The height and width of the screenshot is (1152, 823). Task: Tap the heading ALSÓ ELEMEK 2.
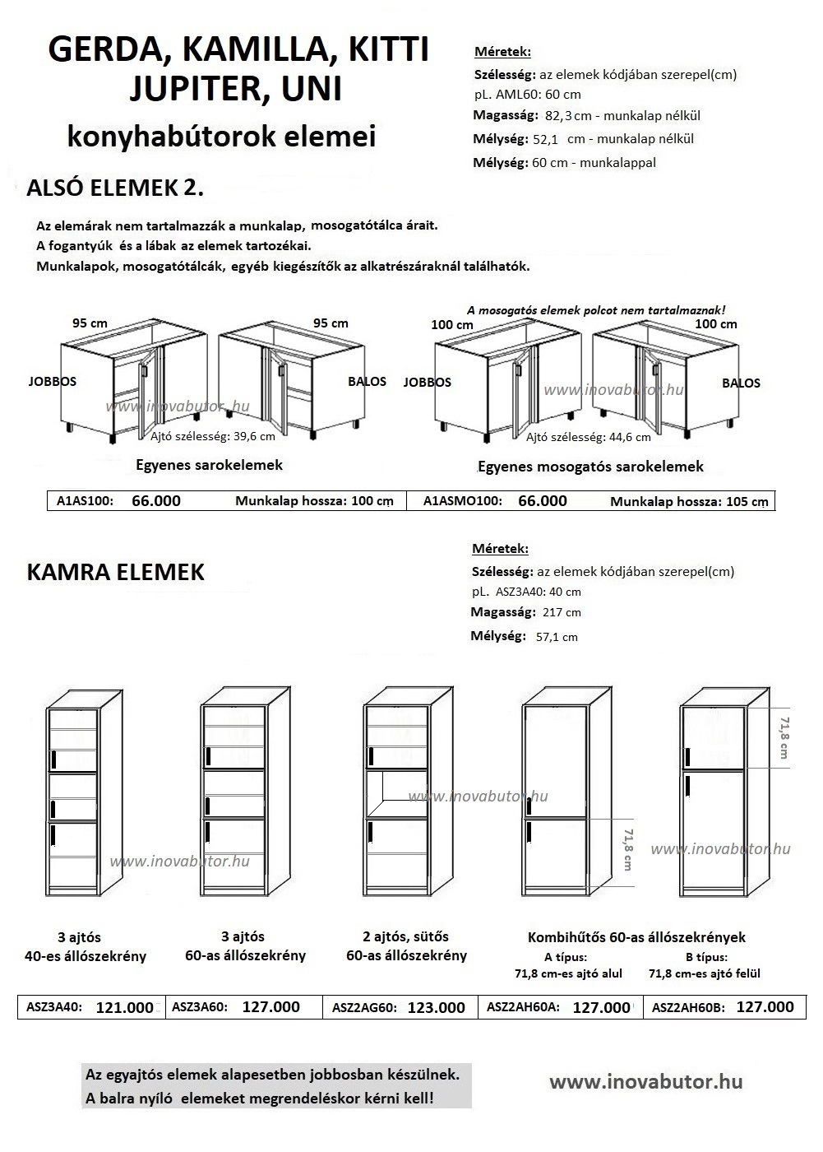(115, 188)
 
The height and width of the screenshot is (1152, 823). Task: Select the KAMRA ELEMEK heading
(116, 572)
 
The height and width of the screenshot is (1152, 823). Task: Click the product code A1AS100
(85, 501)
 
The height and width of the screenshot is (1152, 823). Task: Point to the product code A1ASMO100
(462, 501)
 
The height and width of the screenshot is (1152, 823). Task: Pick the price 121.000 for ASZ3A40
(125, 1007)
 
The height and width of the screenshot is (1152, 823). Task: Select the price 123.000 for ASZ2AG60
(436, 1007)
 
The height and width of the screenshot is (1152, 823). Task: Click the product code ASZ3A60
(199, 1006)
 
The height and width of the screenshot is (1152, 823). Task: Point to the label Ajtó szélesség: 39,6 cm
(213, 437)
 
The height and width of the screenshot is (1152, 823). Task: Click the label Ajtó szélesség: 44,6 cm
(588, 437)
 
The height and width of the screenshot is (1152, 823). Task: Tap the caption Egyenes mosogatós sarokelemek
(590, 467)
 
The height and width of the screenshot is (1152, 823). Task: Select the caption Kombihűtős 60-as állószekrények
(636, 937)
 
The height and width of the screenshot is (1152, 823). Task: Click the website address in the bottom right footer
(646, 1082)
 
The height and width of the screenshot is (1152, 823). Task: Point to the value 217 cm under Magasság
(562, 612)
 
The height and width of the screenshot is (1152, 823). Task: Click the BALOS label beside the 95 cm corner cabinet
(367, 382)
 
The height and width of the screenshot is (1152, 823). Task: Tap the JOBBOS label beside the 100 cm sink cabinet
(427, 382)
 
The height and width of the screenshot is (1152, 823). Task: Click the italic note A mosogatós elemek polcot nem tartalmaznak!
(596, 310)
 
